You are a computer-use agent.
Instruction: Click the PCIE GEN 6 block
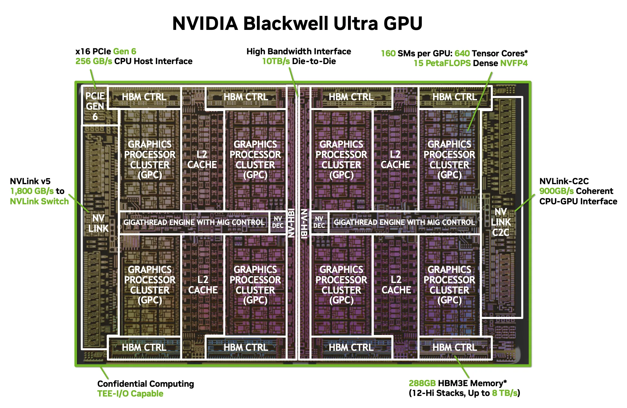pyautogui.click(x=95, y=106)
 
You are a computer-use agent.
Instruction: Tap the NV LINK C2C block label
pyautogui.click(x=501, y=222)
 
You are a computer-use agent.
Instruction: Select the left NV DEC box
pyautogui.click(x=278, y=222)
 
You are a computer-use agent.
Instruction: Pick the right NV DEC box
pyautogui.click(x=319, y=222)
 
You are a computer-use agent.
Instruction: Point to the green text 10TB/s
pyautogui.click(x=276, y=61)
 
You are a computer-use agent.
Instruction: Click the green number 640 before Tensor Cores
pyautogui.click(x=462, y=53)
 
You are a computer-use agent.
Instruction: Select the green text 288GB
pyautogui.click(x=422, y=383)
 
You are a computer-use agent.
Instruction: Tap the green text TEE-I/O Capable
pyautogui.click(x=130, y=394)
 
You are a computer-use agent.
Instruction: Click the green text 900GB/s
pyautogui.click(x=556, y=191)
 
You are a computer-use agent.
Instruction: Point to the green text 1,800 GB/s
pyautogui.click(x=32, y=191)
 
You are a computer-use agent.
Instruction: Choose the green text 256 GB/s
pyautogui.click(x=94, y=61)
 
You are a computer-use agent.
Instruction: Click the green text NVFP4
pyautogui.click(x=514, y=63)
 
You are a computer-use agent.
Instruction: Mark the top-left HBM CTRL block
pyautogui.click(x=144, y=97)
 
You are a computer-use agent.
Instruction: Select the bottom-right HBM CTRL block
pyautogui.click(x=455, y=348)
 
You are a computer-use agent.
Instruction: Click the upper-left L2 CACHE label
pyautogui.click(x=202, y=159)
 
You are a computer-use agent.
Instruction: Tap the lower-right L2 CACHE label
pyautogui.click(x=396, y=285)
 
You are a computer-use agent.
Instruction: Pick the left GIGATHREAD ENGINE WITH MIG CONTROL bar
pyautogui.click(x=194, y=222)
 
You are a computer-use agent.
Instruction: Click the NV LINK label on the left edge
pyautogui.click(x=98, y=223)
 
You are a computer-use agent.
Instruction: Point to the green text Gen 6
pyautogui.click(x=125, y=51)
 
